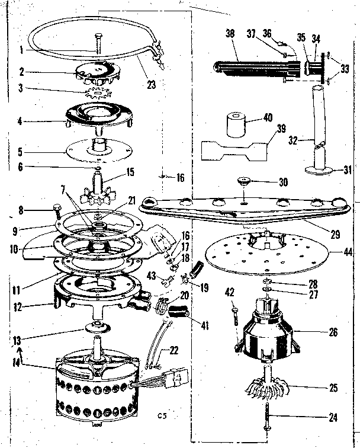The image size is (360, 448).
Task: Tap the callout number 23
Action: click(151, 85)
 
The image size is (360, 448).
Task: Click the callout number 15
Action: click(129, 173)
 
